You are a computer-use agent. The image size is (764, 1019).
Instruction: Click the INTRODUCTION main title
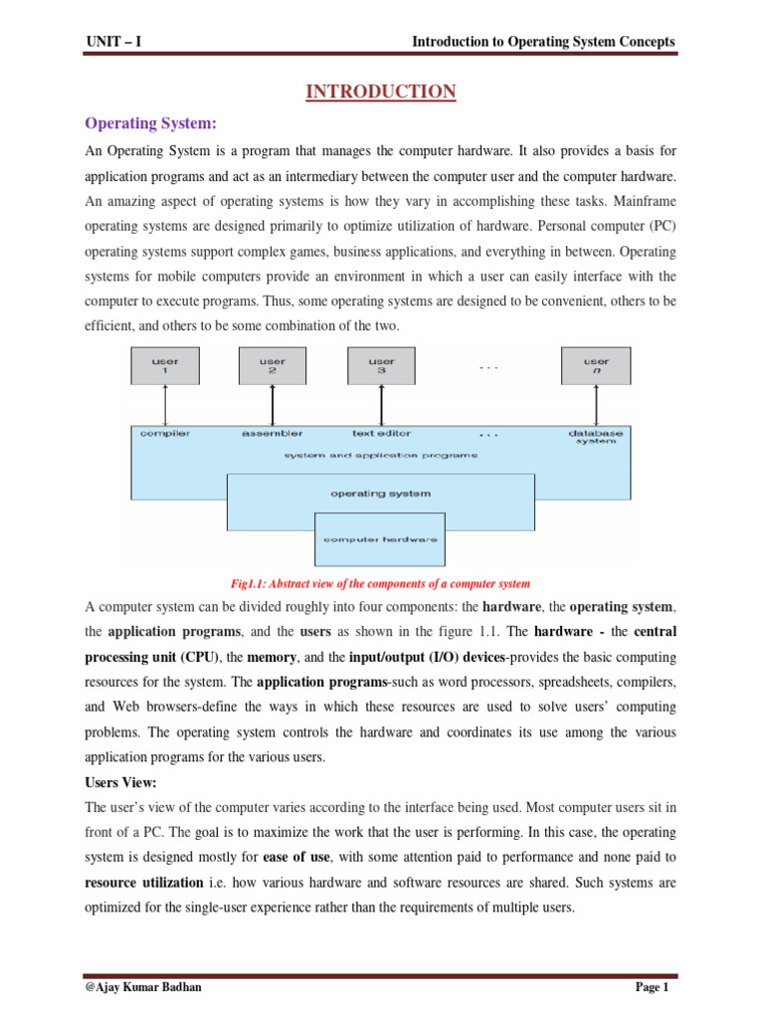point(380,93)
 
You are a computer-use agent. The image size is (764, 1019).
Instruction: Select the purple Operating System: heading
point(150,123)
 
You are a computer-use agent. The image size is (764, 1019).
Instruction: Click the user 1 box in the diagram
point(165,365)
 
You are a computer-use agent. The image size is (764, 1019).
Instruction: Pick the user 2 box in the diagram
point(273,365)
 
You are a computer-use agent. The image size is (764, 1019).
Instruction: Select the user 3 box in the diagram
point(381,365)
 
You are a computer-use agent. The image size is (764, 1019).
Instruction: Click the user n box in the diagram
point(596,365)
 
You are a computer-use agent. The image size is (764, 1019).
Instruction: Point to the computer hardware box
point(381,538)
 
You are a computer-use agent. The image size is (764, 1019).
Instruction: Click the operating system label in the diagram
point(381,493)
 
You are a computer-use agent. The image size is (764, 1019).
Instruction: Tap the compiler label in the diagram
point(166,433)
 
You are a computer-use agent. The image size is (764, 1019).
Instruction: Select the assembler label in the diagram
point(273,433)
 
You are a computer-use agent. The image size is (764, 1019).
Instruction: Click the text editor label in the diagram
point(381,433)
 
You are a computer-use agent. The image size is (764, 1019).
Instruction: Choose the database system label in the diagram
point(596,437)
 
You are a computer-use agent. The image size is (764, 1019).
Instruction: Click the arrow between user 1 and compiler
point(165,406)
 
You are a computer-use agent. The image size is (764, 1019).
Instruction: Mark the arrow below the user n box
point(596,406)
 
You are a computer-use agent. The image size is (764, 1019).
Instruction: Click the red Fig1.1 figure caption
point(381,583)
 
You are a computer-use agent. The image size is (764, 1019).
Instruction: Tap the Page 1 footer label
point(656,987)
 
